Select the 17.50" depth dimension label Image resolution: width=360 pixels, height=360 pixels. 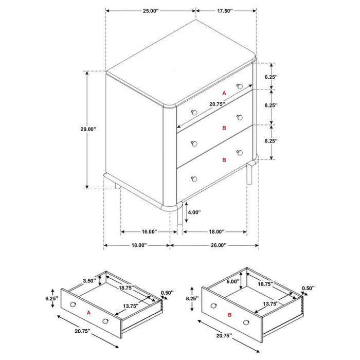click(225, 10)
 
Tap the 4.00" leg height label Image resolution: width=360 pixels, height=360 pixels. click(194, 212)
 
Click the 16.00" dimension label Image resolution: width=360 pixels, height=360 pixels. click(146, 231)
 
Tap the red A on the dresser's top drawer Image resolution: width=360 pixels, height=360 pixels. click(224, 93)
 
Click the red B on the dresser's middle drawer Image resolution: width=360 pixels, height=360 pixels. click(224, 127)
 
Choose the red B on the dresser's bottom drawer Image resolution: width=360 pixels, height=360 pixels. click(224, 160)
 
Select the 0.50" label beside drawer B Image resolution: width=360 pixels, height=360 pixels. click(308, 288)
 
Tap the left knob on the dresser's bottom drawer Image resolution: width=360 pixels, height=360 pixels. click(194, 178)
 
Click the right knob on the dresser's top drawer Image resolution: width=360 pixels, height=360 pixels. click(239, 86)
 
